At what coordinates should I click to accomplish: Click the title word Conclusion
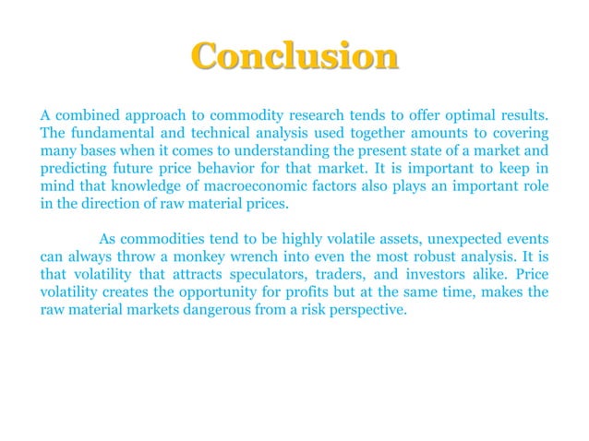tap(294, 56)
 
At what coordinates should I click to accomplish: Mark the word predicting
tap(72, 171)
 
